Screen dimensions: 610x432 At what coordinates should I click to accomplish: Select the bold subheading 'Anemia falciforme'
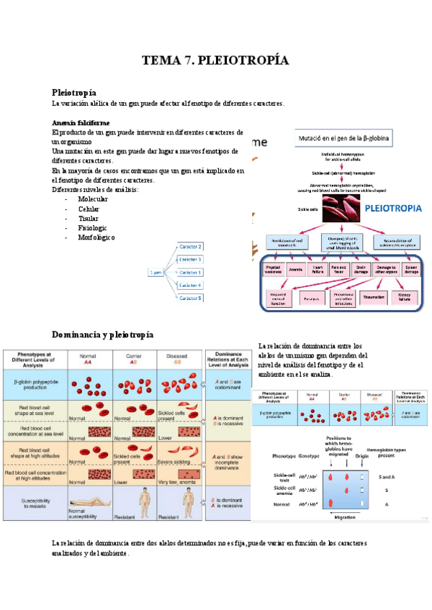tap(81, 123)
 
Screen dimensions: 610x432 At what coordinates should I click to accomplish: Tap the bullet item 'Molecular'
tap(93, 199)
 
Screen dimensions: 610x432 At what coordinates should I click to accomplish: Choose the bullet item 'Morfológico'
tap(96, 237)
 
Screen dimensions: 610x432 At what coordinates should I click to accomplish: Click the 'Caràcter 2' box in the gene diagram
tap(191, 247)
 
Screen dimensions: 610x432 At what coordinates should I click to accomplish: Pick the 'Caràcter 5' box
tap(191, 297)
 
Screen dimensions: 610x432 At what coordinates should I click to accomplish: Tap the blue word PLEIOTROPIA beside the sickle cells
tap(393, 209)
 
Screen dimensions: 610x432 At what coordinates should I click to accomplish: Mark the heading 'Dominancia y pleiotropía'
tap(102, 334)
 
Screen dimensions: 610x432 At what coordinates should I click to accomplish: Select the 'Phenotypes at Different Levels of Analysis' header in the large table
tap(35, 359)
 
